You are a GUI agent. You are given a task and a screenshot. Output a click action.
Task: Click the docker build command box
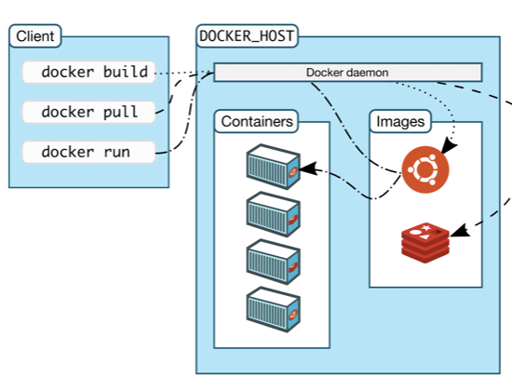(88, 73)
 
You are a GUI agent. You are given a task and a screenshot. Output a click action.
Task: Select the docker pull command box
(88, 112)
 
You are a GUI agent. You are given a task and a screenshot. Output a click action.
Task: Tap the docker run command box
(88, 153)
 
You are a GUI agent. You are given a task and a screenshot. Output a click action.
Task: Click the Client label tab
(35, 36)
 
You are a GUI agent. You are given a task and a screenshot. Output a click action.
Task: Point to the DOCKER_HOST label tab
(247, 36)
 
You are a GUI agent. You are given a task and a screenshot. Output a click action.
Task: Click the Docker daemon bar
(348, 73)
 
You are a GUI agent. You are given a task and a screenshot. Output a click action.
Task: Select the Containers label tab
(257, 122)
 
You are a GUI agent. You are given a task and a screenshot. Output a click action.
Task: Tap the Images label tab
(400, 122)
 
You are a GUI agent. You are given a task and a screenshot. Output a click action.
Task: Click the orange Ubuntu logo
(425, 169)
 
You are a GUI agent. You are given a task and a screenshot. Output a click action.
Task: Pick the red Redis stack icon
(425, 243)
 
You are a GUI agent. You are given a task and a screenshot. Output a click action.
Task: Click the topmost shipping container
(273, 167)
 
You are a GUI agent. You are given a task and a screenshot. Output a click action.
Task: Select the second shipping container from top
(273, 214)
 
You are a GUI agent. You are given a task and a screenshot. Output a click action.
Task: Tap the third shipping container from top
(273, 262)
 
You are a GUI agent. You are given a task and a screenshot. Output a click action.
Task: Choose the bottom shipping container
(273, 309)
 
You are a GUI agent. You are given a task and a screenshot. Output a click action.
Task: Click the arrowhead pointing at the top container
(307, 169)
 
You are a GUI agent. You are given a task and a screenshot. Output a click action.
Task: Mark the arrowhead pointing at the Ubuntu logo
(449, 146)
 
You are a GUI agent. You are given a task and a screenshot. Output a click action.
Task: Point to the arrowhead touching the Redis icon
(460, 231)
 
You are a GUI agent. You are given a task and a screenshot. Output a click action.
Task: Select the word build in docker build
(126, 72)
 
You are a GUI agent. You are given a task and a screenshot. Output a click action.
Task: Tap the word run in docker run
(117, 153)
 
